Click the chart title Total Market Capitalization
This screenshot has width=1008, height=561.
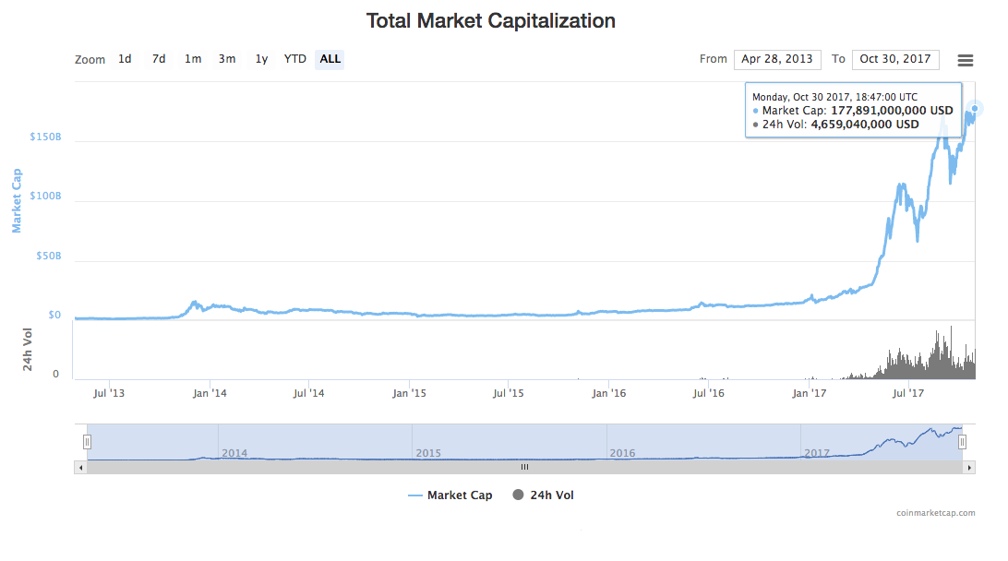click(x=490, y=20)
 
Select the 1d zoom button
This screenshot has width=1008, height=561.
click(x=125, y=59)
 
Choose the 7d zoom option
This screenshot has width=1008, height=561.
click(x=159, y=59)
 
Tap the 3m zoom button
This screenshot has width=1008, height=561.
click(x=227, y=59)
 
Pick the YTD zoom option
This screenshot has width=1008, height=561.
click(x=294, y=59)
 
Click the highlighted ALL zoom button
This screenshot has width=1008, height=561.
click(x=330, y=59)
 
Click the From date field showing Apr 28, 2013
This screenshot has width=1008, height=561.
click(x=776, y=59)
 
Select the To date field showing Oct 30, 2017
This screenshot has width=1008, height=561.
click(x=895, y=59)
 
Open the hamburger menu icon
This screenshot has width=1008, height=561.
click(x=966, y=60)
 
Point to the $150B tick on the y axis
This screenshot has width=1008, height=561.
click(x=46, y=137)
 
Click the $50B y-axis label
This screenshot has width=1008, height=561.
click(x=48, y=256)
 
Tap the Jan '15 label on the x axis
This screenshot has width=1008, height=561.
click(x=409, y=393)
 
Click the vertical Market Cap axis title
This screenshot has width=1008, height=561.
click(x=18, y=200)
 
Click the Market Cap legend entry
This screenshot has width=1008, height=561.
click(x=450, y=495)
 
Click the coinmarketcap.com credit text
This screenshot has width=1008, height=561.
click(x=935, y=513)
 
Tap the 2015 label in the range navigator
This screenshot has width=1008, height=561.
click(x=428, y=453)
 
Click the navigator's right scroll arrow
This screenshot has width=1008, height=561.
click(x=969, y=468)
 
